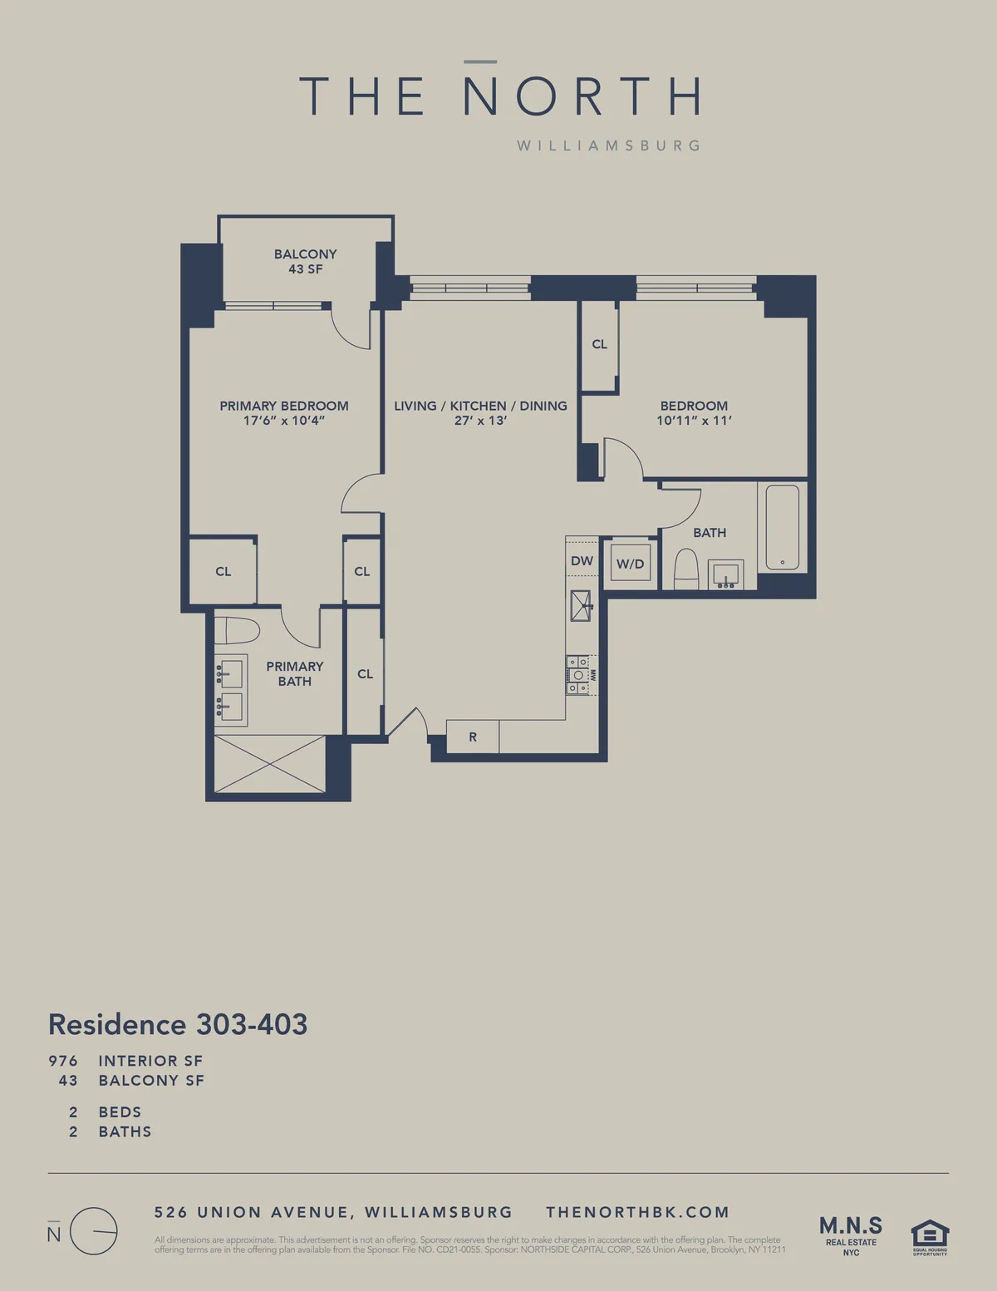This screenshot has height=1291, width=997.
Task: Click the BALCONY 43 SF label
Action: click(x=305, y=261)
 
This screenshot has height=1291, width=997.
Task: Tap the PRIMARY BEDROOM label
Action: click(x=283, y=406)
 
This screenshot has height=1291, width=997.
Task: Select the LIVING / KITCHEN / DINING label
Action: click(x=480, y=406)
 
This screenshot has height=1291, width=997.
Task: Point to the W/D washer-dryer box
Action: click(x=630, y=564)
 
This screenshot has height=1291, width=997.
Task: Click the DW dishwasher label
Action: click(x=582, y=561)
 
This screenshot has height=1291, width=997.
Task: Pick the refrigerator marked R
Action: click(x=473, y=737)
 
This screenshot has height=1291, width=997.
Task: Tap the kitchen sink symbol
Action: click(x=581, y=605)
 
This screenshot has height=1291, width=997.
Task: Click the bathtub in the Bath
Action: click(x=782, y=528)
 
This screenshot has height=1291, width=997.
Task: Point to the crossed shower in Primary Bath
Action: click(x=270, y=763)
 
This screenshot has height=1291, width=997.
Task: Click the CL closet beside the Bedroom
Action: click(x=599, y=344)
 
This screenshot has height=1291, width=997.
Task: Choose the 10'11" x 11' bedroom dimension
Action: click(x=694, y=421)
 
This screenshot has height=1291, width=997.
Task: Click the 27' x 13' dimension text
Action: click(x=480, y=421)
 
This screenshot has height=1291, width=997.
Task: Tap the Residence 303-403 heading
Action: click(x=178, y=1024)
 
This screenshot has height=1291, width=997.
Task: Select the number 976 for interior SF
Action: click(x=63, y=1061)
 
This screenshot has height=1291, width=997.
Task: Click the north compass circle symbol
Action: click(x=93, y=1230)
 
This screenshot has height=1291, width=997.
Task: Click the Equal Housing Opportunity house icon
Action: click(x=930, y=1235)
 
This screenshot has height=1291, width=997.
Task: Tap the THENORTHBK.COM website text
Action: click(x=637, y=1212)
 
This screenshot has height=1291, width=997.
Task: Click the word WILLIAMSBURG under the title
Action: click(x=608, y=145)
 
